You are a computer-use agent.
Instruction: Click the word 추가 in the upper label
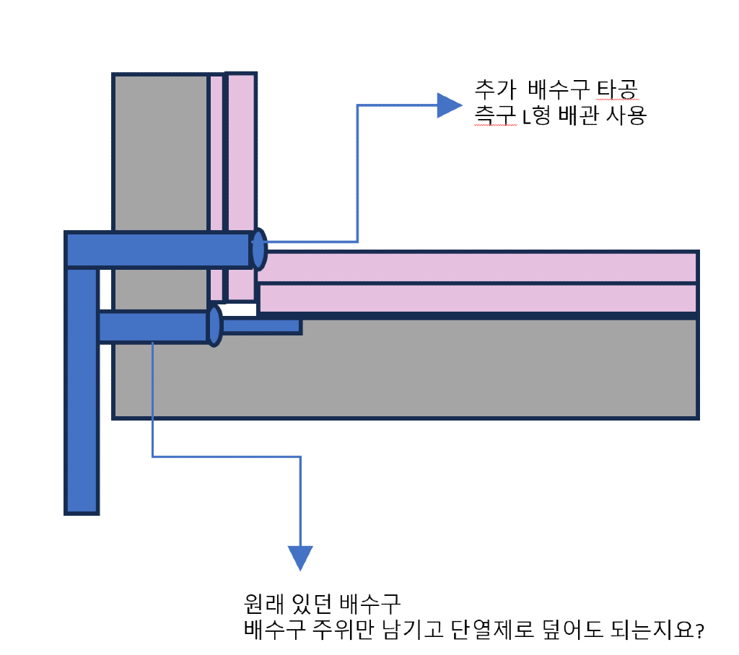pyautogui.click(x=494, y=90)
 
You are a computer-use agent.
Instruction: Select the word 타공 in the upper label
pyautogui.click(x=618, y=90)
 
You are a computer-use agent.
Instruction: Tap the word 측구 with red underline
pyautogui.click(x=494, y=116)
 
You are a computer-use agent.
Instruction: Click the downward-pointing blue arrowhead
pyautogui.click(x=300, y=557)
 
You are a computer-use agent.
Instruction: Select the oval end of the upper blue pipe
pyautogui.click(x=258, y=249)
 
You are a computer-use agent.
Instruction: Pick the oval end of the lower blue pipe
pyautogui.click(x=214, y=326)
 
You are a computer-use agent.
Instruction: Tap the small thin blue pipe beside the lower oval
pyautogui.click(x=261, y=326)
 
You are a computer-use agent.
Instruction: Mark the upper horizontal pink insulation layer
pyautogui.click(x=476, y=267)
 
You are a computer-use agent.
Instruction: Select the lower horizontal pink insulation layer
pyautogui.click(x=476, y=299)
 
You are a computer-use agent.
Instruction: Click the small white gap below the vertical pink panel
pyautogui.click(x=241, y=309)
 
